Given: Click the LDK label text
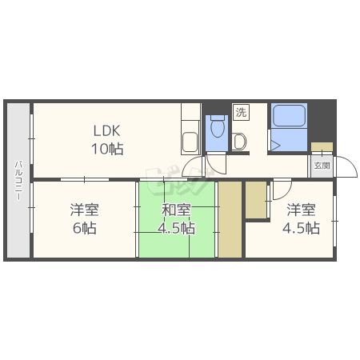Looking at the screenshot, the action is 106,130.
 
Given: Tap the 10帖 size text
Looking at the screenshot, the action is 107,149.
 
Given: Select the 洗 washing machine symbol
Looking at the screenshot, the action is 241,112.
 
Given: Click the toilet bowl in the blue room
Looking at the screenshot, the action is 218,127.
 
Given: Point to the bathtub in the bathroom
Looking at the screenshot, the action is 289,115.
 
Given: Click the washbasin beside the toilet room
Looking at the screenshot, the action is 239,142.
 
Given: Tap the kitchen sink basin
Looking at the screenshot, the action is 190,142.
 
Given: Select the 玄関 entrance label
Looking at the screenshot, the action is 322,166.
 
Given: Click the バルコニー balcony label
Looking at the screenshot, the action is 18,180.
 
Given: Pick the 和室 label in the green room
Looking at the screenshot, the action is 176,210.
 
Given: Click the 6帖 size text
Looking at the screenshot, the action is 85,228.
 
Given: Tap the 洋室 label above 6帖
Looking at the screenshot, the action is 85,210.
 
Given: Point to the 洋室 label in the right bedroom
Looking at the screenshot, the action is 302,210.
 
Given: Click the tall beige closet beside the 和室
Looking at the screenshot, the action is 230,219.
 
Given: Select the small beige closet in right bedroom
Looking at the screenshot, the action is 256,200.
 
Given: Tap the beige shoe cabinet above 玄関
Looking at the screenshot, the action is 322,147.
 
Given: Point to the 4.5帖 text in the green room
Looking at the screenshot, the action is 176,228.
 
